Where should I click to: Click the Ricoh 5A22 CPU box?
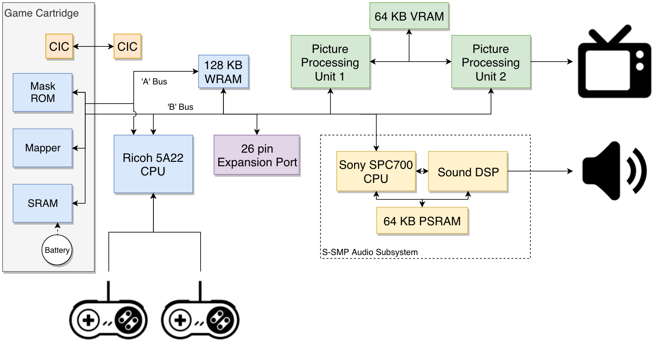[x=153, y=164]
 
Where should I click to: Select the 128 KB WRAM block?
[x=223, y=72]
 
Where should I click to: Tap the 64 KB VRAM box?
[x=409, y=16]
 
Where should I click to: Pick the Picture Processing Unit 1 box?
[x=330, y=62]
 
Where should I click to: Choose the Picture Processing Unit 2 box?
[x=491, y=62]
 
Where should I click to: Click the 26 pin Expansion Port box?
[x=257, y=155]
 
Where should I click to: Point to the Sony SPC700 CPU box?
[x=376, y=171]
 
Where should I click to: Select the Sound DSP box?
[x=468, y=171]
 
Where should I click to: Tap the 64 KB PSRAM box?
[x=422, y=221]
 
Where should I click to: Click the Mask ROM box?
[x=42, y=92]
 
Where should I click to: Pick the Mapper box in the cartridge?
[x=42, y=148]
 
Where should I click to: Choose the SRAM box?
[x=42, y=203]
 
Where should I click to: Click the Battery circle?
[x=57, y=250]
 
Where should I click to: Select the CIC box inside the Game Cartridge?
[x=59, y=46]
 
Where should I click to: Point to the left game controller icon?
[x=108, y=318]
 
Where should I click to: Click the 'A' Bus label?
[x=154, y=81]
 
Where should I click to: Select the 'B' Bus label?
[x=180, y=107]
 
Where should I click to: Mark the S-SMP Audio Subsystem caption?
[x=370, y=252]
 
